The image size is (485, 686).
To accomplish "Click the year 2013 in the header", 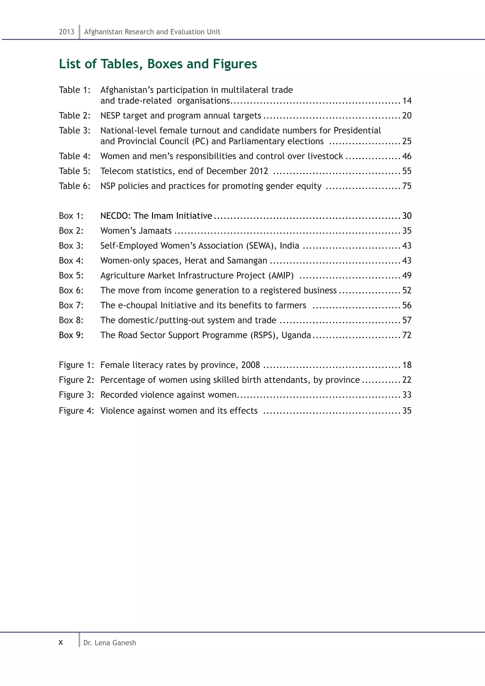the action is pyautogui.click(x=66, y=32).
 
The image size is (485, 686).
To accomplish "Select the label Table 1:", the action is pyautogui.click(x=74, y=90).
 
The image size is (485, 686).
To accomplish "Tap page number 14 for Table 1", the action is pyautogui.click(x=407, y=101).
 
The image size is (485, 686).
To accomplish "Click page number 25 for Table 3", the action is pyautogui.click(x=407, y=141).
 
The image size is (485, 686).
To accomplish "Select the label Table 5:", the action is pyautogui.click(x=74, y=171).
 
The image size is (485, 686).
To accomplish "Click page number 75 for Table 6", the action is pyautogui.click(x=407, y=186).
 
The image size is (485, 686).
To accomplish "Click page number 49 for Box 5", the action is pyautogui.click(x=407, y=275).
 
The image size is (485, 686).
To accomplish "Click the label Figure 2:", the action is pyautogui.click(x=76, y=380).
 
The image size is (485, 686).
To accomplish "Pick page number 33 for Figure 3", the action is pyautogui.click(x=407, y=395).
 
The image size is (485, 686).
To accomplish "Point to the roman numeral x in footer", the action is pyautogui.click(x=61, y=643).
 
